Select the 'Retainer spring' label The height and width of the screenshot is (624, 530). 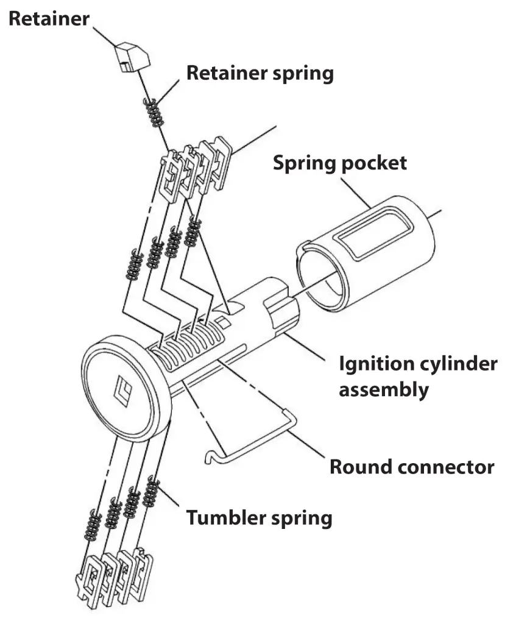(260, 73)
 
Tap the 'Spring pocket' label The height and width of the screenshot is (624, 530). (339, 163)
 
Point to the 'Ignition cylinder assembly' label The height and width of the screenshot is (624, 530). (418, 376)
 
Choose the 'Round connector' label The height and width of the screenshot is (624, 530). (411, 467)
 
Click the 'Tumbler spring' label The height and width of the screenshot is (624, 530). (260, 518)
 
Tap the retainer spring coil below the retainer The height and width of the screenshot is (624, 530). (154, 112)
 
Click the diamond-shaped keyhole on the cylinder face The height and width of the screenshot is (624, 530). (122, 390)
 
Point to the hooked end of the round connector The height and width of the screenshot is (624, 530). (211, 455)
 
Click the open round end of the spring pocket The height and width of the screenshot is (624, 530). (322, 275)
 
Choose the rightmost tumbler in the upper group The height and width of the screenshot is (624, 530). (219, 161)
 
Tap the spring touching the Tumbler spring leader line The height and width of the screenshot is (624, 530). (150, 493)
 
